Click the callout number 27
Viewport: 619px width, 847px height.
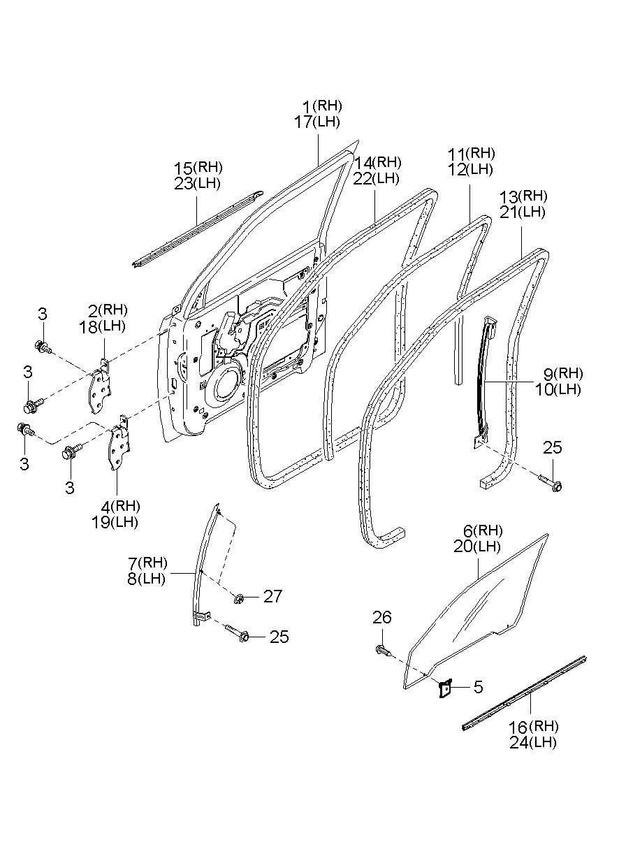272,596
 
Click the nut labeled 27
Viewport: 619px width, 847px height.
239,599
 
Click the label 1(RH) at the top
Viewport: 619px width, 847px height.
322,106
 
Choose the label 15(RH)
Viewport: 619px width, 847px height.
198,168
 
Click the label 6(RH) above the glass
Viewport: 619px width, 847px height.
483,530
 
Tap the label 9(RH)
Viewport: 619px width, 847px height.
563,374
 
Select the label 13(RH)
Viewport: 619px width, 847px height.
523,196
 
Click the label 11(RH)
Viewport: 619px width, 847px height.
471,154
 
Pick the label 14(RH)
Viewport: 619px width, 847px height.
377,163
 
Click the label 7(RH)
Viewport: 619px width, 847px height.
147,563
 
